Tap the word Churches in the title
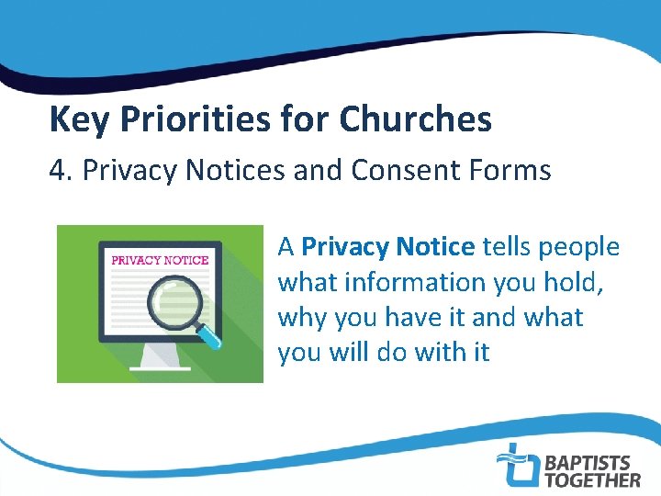tap(416, 119)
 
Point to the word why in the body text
tap(302, 318)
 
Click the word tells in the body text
tap(507, 247)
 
